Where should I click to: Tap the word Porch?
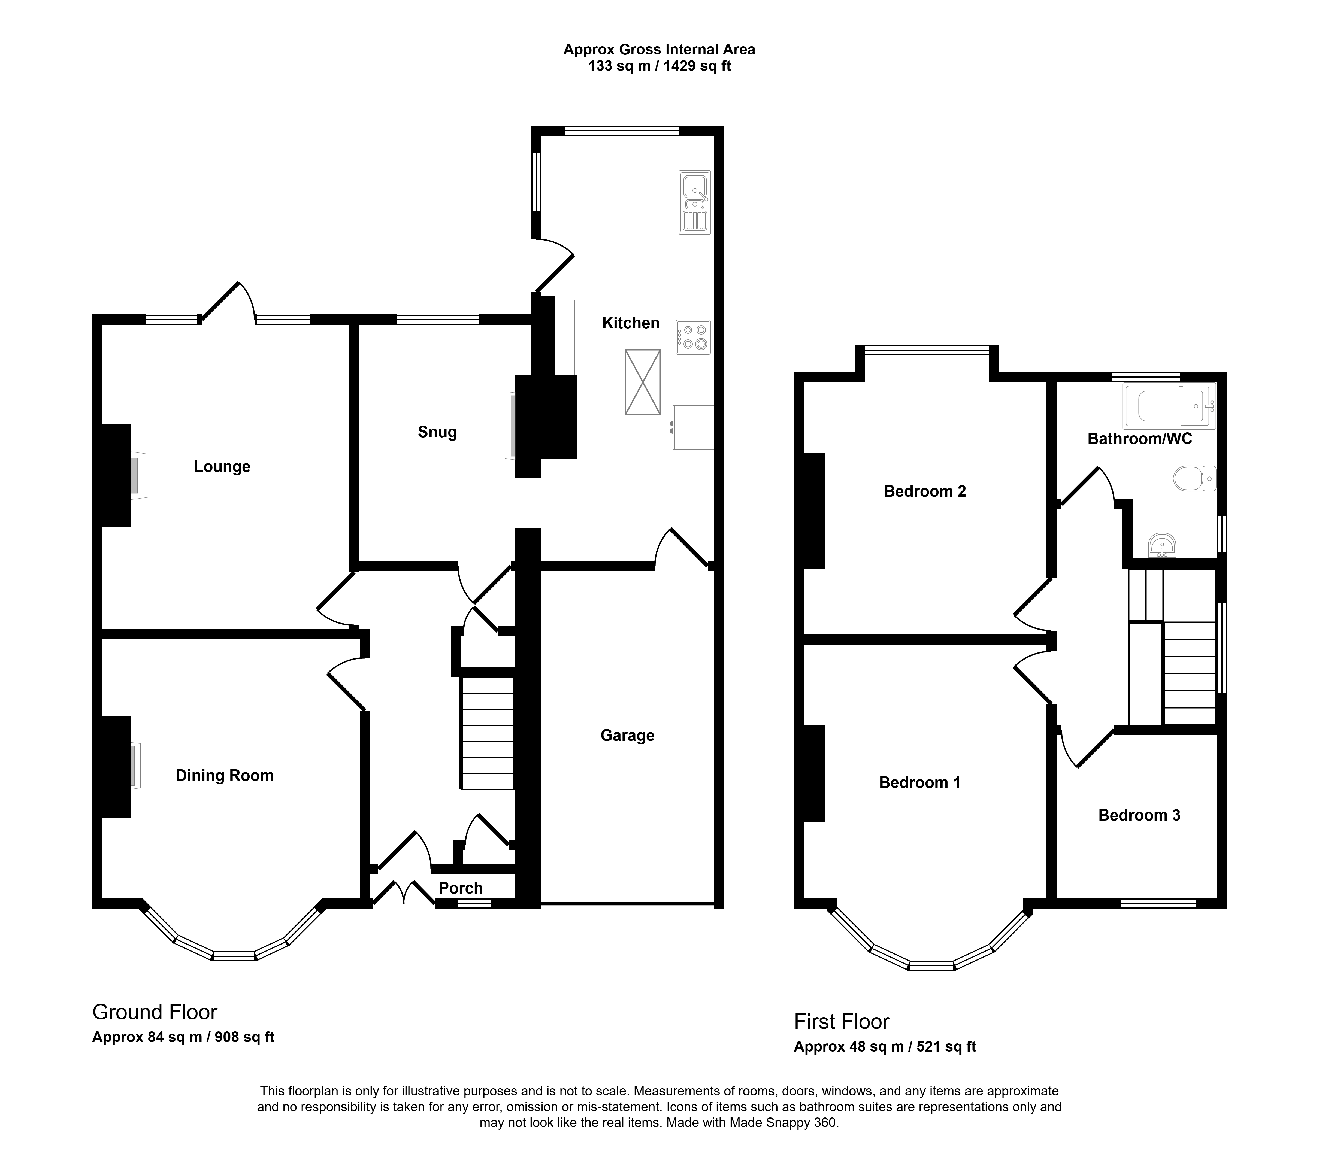point(461,888)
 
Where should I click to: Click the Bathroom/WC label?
point(1140,439)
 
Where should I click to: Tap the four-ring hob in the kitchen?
point(693,337)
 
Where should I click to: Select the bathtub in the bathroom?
point(1169,406)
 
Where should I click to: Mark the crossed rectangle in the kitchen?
point(643,382)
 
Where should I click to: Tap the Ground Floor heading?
point(155,1012)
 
